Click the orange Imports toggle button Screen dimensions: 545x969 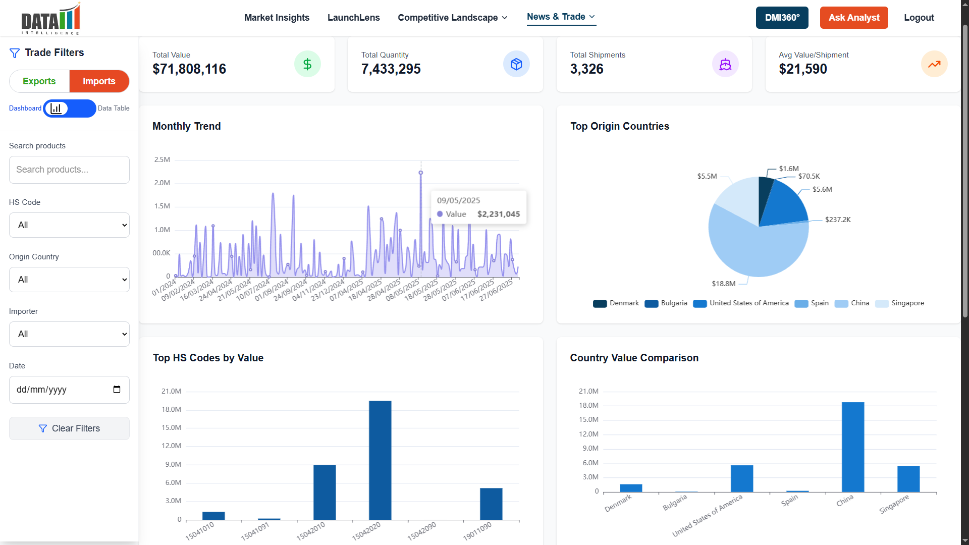[x=99, y=81]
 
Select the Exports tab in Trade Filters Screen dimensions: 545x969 [x=39, y=81]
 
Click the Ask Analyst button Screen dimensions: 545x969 [x=853, y=18]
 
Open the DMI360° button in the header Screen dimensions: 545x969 [x=782, y=18]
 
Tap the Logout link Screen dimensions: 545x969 [x=919, y=18]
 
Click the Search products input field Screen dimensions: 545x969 [x=69, y=170]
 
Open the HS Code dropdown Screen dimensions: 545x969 [x=69, y=225]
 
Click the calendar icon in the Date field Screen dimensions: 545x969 [x=117, y=389]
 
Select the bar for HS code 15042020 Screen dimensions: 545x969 [x=380, y=460]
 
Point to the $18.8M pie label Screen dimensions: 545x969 [x=723, y=284]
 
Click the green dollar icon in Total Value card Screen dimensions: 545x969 [x=307, y=64]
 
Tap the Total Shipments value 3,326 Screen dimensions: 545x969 [x=586, y=69]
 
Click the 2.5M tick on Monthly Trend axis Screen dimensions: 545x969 [x=162, y=159]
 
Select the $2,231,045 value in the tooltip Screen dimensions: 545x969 [x=498, y=214]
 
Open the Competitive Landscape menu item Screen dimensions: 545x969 [x=452, y=18]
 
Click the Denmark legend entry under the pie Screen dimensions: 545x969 [x=616, y=303]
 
